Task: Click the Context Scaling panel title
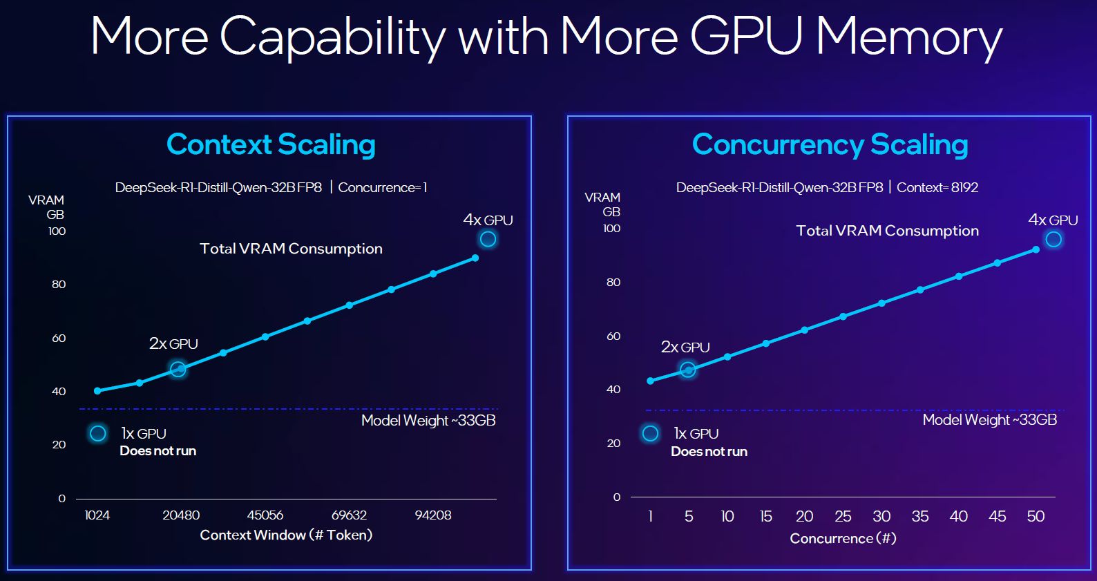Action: [x=271, y=144]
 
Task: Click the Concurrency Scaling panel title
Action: [x=830, y=144]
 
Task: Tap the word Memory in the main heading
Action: [x=908, y=36]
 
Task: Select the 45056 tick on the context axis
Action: [x=265, y=515]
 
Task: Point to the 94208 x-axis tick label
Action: [x=433, y=515]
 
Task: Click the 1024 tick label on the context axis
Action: [x=97, y=515]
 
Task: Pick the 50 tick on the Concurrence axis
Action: [x=1036, y=516]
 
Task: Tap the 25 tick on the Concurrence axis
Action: [x=843, y=516]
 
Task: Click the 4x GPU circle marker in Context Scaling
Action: [x=488, y=239]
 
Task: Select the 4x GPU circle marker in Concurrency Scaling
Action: [x=1053, y=239]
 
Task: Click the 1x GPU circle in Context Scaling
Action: [x=98, y=433]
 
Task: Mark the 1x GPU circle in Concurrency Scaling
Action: [x=650, y=433]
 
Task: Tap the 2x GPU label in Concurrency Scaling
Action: [x=685, y=347]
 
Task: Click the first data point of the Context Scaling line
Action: [x=97, y=391]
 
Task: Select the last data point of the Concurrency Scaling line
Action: [x=1036, y=249]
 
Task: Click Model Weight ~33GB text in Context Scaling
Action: [x=428, y=420]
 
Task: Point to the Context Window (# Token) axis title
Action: [x=286, y=535]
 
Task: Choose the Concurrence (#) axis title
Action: [x=843, y=538]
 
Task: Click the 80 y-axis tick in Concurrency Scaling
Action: [x=613, y=282]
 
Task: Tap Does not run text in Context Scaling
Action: [x=158, y=451]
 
